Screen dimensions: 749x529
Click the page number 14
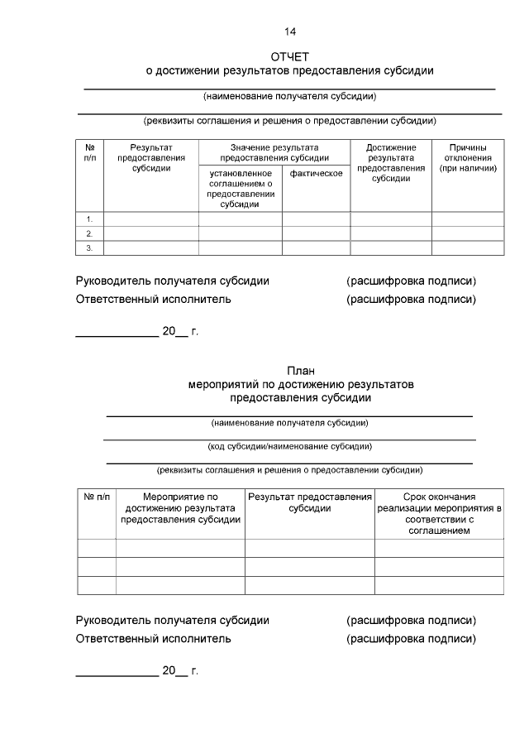point(289,32)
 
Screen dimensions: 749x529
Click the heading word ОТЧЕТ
point(289,57)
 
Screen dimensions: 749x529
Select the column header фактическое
point(316,173)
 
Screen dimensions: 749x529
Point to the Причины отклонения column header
point(467,157)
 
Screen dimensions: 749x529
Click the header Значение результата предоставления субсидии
point(274,152)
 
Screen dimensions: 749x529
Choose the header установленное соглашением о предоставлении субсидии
point(240,189)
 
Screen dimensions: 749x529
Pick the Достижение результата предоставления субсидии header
point(391,162)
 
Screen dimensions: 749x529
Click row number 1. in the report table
point(89,219)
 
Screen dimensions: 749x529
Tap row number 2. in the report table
point(89,234)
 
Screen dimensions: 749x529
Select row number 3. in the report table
point(89,248)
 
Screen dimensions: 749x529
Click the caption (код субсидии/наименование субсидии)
point(289,446)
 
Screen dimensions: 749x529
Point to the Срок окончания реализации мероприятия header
point(439,513)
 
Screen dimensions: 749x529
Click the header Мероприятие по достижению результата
point(180,508)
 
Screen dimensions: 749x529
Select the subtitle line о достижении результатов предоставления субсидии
point(289,71)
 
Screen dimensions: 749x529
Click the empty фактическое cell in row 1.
point(316,219)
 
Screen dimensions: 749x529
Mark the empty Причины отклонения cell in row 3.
point(467,248)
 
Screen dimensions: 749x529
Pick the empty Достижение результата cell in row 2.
point(391,234)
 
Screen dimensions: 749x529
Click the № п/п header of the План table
point(96,497)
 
